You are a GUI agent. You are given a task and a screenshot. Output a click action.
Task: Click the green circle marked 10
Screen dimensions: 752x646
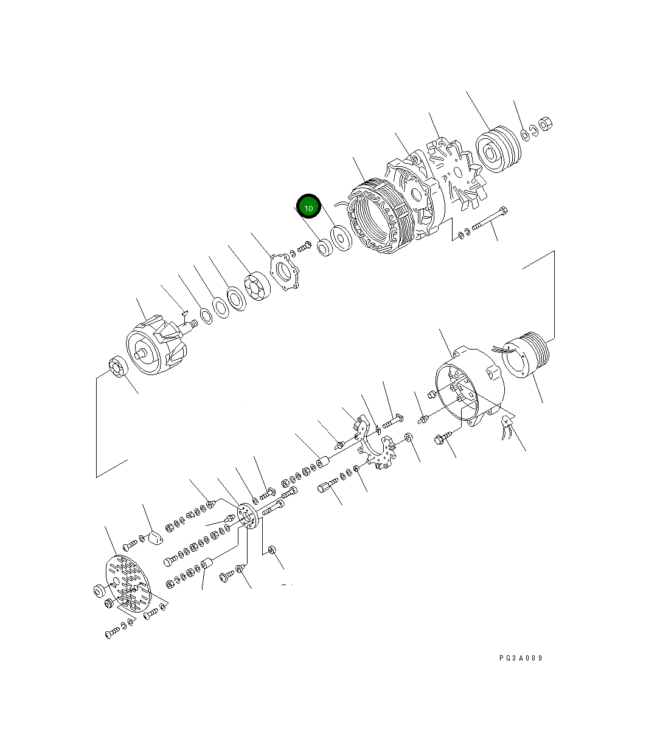pos(308,207)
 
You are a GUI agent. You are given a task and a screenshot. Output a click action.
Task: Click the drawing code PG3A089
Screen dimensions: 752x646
pos(520,658)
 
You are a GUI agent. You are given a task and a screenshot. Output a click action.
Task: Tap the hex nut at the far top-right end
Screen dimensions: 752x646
pos(546,124)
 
